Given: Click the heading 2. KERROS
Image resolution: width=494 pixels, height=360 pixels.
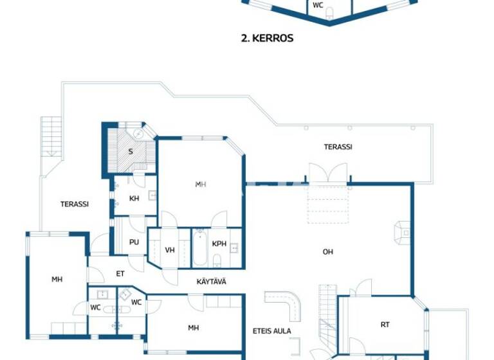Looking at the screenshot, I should pos(266,38).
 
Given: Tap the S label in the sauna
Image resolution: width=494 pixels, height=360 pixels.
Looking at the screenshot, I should pos(131,152).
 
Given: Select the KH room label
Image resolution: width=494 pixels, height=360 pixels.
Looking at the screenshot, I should pos(134,199).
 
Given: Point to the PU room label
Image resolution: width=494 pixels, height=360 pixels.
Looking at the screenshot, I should pos(134,242).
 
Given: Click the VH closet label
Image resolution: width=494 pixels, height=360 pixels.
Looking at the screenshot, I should pos(170,250).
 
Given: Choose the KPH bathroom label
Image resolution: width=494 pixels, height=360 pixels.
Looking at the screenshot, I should pos(219,244).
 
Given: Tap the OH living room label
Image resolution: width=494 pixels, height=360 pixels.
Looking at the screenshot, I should pos(328,251).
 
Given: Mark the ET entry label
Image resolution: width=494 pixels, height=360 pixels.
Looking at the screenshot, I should pos(120,274).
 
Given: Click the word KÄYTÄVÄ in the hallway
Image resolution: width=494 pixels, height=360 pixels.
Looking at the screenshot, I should pos(211,282).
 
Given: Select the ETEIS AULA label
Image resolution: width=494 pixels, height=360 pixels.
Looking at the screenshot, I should pos(272,331).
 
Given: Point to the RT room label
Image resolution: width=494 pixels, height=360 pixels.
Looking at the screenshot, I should pos(385,325).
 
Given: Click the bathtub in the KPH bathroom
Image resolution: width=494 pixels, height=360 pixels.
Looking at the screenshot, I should pos(199,249).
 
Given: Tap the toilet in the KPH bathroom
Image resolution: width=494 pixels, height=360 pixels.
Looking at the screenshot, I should pos(217,260).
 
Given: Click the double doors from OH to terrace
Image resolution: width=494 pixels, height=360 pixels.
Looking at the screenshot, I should pos(328,174).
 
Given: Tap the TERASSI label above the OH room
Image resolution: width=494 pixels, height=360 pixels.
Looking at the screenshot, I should pos(338,147).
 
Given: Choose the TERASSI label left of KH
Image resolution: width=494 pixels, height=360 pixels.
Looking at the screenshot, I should pos(75,204).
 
